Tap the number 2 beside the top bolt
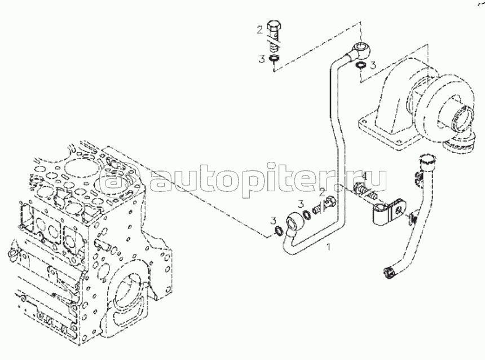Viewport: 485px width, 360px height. pos(259,30)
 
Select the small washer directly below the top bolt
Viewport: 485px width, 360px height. pos(274,58)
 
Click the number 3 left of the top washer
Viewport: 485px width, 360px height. pos(262,59)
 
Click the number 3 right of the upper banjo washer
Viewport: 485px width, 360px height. pos(373,65)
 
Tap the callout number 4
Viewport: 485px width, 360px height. pos(364,177)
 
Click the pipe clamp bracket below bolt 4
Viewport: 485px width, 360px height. pos(389,213)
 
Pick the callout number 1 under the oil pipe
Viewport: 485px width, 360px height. pos(329,247)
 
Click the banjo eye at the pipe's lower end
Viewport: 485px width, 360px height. pos(292,221)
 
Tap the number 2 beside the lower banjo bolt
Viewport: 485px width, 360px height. pos(322,192)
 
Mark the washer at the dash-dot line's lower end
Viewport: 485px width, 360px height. pos(279,230)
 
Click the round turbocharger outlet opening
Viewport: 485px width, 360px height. pos(464,119)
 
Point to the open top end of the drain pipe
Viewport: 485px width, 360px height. pos(427,161)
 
